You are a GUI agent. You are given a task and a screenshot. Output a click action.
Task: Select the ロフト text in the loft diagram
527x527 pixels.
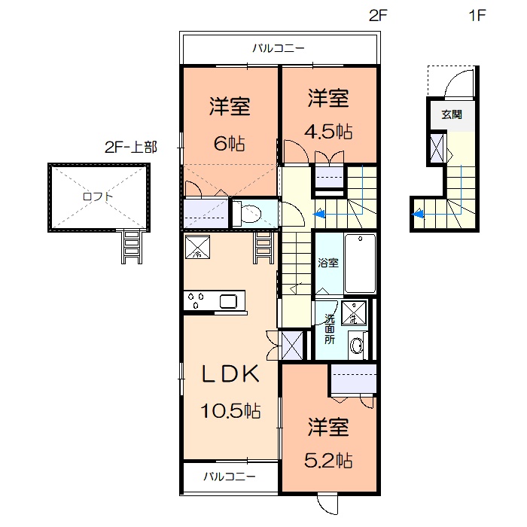99,196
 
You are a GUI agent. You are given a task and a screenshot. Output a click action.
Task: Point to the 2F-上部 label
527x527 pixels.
131,147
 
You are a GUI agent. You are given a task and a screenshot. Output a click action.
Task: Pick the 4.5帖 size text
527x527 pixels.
328,131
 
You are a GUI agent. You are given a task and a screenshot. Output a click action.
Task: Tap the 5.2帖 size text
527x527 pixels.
328,459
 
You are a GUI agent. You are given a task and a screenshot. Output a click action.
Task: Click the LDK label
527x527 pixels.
230,373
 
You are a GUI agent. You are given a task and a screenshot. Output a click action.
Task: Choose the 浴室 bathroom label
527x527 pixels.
327,264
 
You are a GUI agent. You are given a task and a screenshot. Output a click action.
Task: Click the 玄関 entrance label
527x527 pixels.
452,115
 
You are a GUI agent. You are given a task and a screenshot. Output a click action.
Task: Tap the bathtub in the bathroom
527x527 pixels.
360,263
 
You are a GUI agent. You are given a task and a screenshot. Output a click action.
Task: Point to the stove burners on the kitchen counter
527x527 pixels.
197,302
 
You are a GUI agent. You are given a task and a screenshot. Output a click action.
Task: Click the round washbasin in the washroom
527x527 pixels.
358,346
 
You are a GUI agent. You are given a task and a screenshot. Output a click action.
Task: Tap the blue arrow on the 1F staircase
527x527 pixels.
419,214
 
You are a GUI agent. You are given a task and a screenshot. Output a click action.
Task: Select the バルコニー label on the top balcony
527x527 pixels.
278,49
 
